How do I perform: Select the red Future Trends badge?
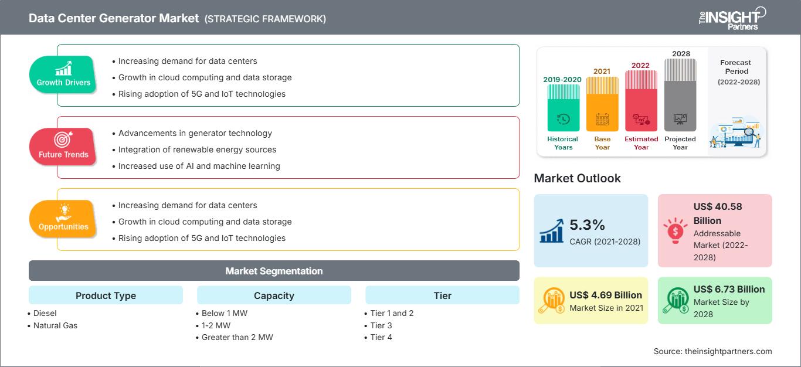pos(63,147)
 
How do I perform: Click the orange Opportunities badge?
pos(63,219)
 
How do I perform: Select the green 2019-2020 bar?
pos(563,108)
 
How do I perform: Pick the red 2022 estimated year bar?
pos(641,100)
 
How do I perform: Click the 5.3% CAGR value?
pos(587,225)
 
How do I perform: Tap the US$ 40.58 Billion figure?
pos(714,213)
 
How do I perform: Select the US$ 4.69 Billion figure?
pos(605,295)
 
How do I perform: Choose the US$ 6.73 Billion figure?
pos(729,289)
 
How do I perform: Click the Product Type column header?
pos(106,295)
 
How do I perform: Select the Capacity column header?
pos(274,295)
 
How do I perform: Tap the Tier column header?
pos(442,295)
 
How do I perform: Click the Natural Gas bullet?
pos(55,325)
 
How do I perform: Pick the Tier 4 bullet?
pos(381,337)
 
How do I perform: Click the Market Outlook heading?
pos(577,178)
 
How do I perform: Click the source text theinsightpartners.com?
pos(712,351)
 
